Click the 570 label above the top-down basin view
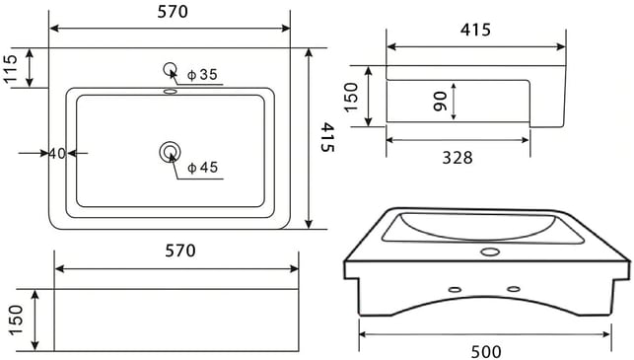tap(173, 12)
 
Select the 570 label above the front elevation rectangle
tap(180, 251)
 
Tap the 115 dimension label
tap(11, 68)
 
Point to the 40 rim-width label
tap(57, 153)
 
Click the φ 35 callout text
tap(202, 74)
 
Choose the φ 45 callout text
tap(203, 167)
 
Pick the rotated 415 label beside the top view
tap(327, 137)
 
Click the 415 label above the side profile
tap(475, 30)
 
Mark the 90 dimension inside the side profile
tap(440, 102)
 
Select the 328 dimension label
tap(458, 158)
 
